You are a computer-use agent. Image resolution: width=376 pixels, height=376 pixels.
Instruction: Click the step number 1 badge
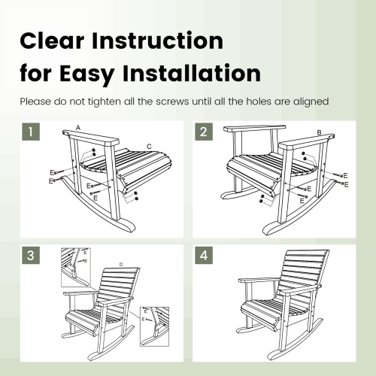point(30,134)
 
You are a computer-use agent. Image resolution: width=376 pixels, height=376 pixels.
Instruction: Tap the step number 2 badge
point(204,134)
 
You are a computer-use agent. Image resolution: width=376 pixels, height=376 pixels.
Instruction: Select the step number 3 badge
point(30,255)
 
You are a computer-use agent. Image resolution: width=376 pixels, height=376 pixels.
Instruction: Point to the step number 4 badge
point(204,255)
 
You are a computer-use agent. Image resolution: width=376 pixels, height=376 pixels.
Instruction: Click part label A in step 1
point(77,129)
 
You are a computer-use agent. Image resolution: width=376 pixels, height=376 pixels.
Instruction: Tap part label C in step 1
point(149,146)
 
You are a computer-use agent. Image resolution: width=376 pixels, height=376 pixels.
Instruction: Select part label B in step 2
point(320,133)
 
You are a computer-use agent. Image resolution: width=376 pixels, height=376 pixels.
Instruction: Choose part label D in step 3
point(121,264)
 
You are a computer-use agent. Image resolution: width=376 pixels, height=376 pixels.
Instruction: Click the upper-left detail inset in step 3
point(75,267)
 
